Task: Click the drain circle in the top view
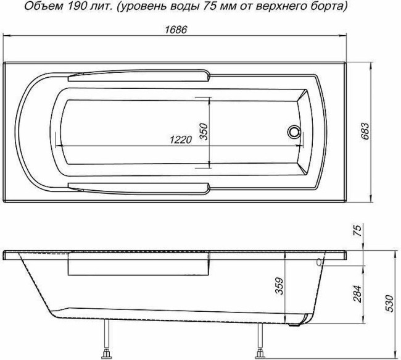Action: [295, 132]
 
